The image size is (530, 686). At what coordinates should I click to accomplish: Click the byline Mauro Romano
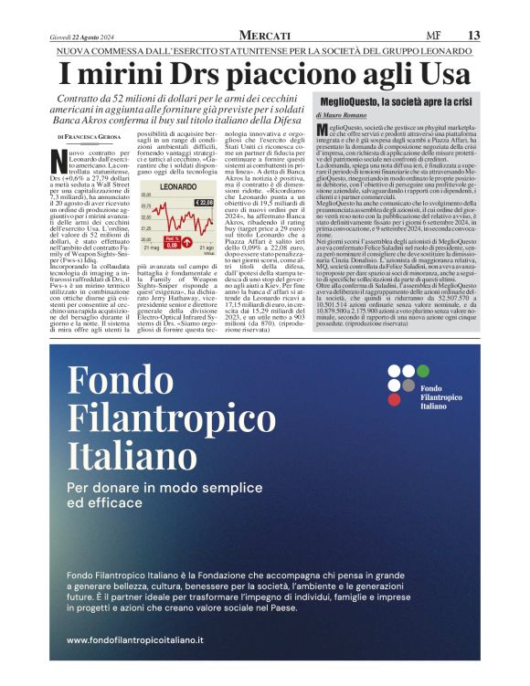coord(345,118)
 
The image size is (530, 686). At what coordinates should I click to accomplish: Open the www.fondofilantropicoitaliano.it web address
coord(135,640)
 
